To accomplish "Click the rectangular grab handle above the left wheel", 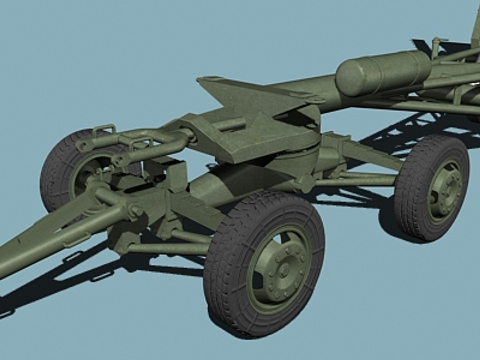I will coord(104,130).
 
